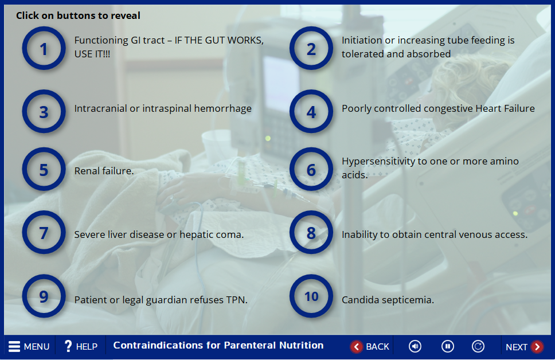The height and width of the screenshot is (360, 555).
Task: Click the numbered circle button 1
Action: [44, 48]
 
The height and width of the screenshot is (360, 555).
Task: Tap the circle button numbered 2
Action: [311, 48]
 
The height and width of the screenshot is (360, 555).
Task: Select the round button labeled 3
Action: [44, 112]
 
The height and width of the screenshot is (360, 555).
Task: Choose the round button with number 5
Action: [44, 169]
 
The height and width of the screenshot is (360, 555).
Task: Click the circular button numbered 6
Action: [311, 169]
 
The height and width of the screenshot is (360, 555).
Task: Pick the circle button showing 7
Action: [44, 233]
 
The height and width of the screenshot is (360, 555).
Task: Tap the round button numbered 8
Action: [311, 233]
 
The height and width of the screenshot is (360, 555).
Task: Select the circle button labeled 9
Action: [44, 296]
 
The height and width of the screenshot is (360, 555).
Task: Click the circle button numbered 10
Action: [311, 296]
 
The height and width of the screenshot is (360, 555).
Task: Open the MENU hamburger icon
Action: [14, 346]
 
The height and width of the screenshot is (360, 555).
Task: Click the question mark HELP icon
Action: [68, 346]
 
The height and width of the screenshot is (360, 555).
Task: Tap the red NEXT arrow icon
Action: [537, 347]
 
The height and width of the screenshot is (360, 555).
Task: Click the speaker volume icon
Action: [415, 346]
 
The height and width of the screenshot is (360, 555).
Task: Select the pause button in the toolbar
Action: [447, 346]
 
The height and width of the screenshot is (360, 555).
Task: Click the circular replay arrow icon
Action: [478, 346]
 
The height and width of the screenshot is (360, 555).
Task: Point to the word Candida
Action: [360, 300]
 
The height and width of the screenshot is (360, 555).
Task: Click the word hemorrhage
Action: [222, 108]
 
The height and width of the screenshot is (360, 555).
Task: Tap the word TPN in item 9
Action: [237, 300]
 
